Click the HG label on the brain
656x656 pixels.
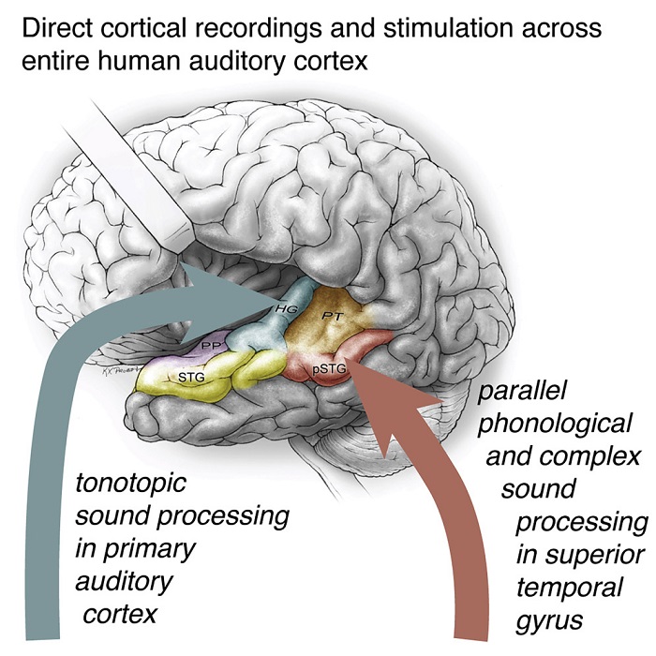tap(286, 308)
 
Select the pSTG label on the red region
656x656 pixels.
tap(330, 369)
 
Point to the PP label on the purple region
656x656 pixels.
tap(209, 345)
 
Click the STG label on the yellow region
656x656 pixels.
tap(191, 377)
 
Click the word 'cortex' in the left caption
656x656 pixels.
tap(120, 615)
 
